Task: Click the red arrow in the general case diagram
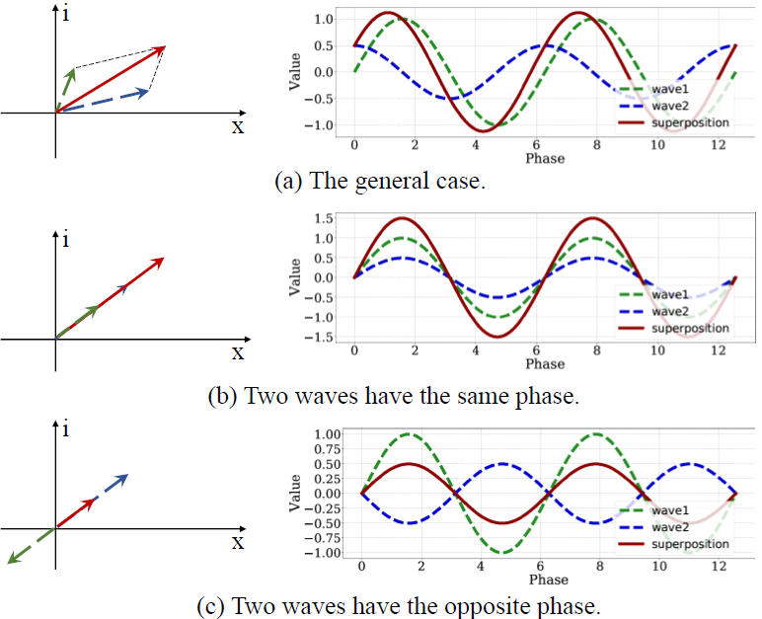111,79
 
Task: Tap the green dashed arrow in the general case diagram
65,91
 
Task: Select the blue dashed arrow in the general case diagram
102,100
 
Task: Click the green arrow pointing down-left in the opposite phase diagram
32,546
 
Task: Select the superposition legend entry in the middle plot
673,328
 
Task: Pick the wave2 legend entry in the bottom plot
653,527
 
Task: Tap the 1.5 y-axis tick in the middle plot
324,219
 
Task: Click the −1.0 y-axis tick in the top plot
319,125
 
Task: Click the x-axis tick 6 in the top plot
536,145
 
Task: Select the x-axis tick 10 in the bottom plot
659,566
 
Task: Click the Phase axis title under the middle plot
545,363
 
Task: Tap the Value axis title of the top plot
294,71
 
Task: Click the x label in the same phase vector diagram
238,352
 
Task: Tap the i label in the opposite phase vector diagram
65,428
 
